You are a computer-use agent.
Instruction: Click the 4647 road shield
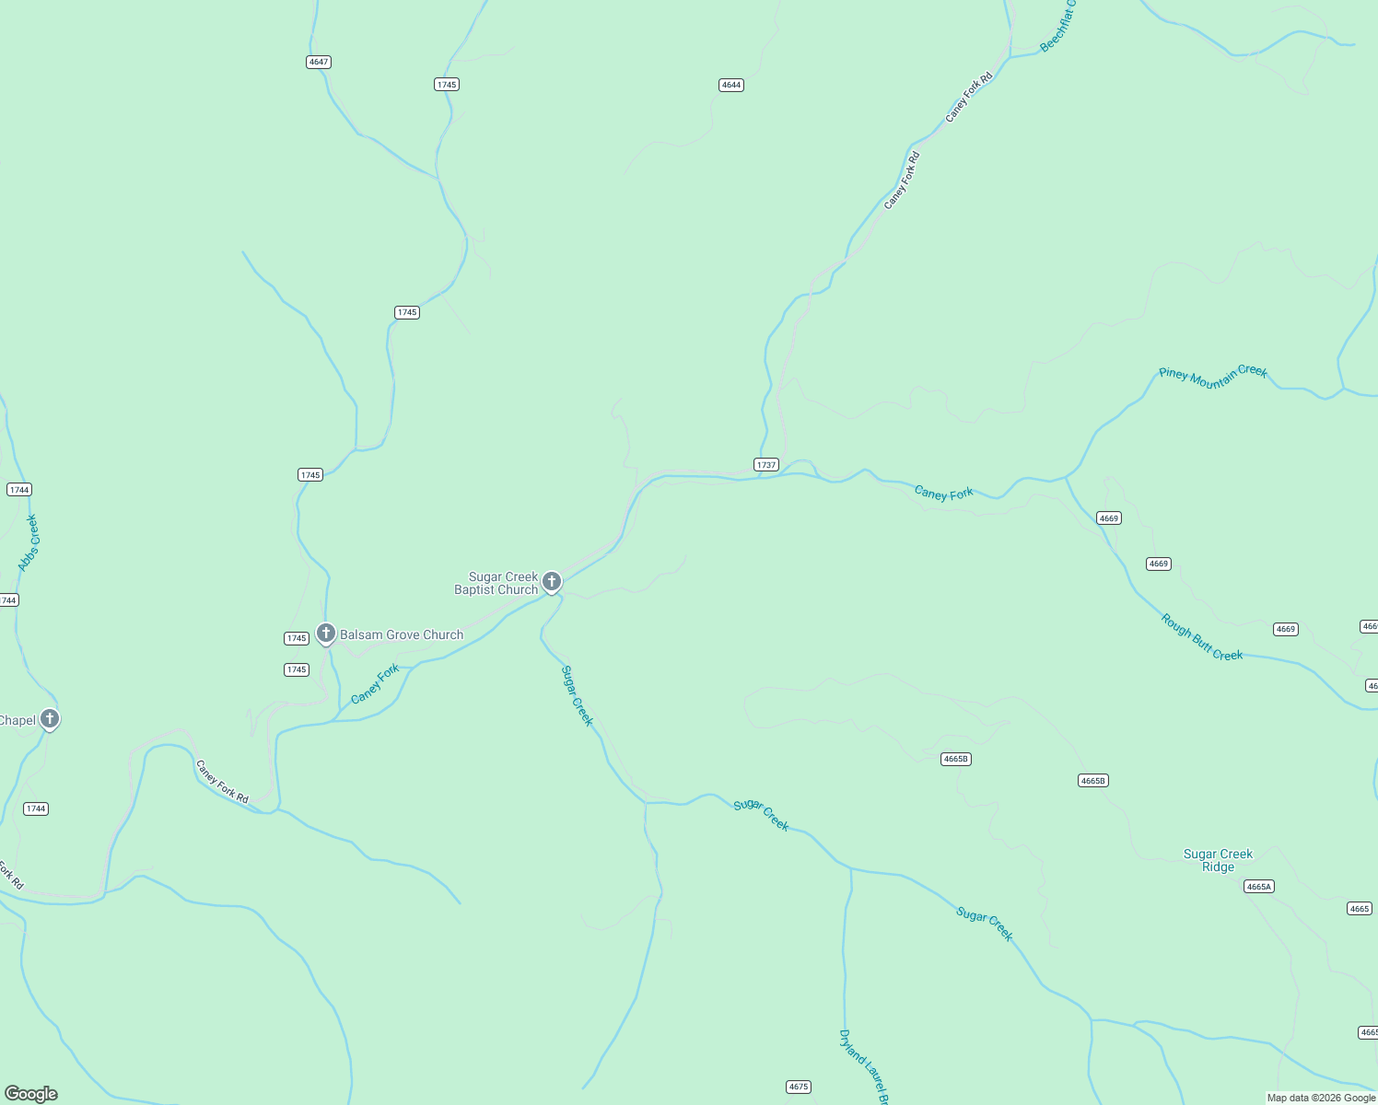(319, 62)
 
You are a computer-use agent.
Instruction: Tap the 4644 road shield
(731, 85)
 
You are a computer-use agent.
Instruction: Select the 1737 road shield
(766, 465)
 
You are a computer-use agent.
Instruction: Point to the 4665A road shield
(1258, 887)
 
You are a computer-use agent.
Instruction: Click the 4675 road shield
(799, 1087)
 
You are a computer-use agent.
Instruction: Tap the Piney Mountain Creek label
(1212, 375)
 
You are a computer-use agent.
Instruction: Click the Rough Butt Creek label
(1202, 637)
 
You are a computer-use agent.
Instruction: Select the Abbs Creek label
(29, 543)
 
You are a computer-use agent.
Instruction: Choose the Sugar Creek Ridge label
(1218, 860)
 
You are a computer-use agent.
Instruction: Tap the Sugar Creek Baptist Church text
(496, 583)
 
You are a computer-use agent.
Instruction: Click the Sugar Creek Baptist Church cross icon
(552, 581)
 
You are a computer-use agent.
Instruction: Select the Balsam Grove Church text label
(402, 634)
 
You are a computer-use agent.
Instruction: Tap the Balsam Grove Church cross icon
(325, 633)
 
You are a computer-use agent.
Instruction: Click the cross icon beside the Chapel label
(50, 718)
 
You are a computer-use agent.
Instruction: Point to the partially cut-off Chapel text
(18, 720)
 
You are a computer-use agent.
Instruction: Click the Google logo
(31, 1093)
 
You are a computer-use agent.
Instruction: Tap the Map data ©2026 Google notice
(1321, 1098)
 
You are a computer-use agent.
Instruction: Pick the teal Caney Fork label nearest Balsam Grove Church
(376, 683)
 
